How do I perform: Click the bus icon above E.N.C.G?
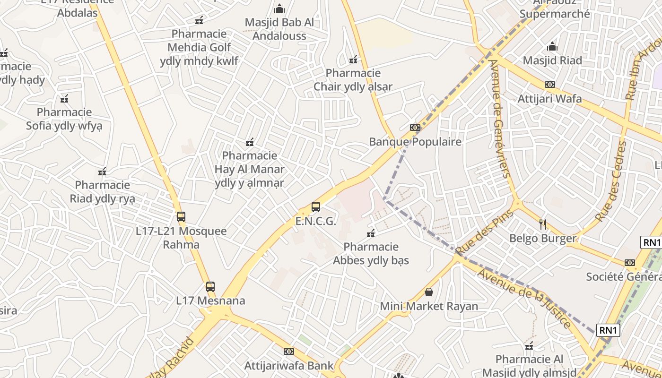[x=316, y=207]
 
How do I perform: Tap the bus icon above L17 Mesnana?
[x=210, y=286]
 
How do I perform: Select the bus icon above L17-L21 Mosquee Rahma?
[x=181, y=217]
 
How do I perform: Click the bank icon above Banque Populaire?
[x=415, y=128]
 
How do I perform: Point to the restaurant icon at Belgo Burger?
[x=543, y=224]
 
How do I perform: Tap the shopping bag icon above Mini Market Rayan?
[x=429, y=292]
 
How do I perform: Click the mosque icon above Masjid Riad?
[x=552, y=47]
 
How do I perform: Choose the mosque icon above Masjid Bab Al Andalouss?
[x=279, y=9]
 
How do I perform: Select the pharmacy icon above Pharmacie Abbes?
[x=371, y=233]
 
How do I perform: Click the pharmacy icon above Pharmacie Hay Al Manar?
[x=250, y=142]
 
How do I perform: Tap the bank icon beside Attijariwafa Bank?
[x=289, y=352]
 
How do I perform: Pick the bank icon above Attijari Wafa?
[x=549, y=85]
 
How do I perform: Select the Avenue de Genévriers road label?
[x=500, y=118]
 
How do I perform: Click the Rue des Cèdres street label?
[x=610, y=181]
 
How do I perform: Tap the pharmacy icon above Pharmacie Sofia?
[x=64, y=99]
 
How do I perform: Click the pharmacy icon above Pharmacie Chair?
[x=353, y=60]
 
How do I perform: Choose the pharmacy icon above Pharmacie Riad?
[x=102, y=171]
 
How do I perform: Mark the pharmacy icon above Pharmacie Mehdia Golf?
[x=199, y=20]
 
